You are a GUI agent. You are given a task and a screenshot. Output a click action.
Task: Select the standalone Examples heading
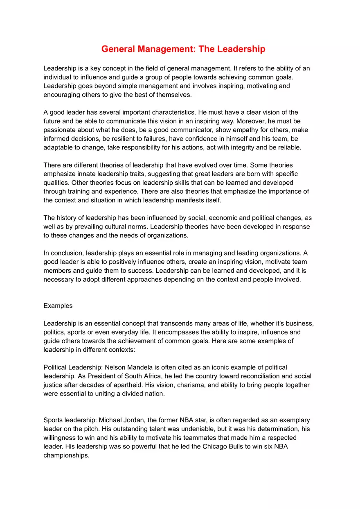(x=58, y=305)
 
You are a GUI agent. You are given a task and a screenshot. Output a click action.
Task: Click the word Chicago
(x=217, y=446)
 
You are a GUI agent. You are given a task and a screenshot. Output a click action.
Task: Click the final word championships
(x=66, y=455)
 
